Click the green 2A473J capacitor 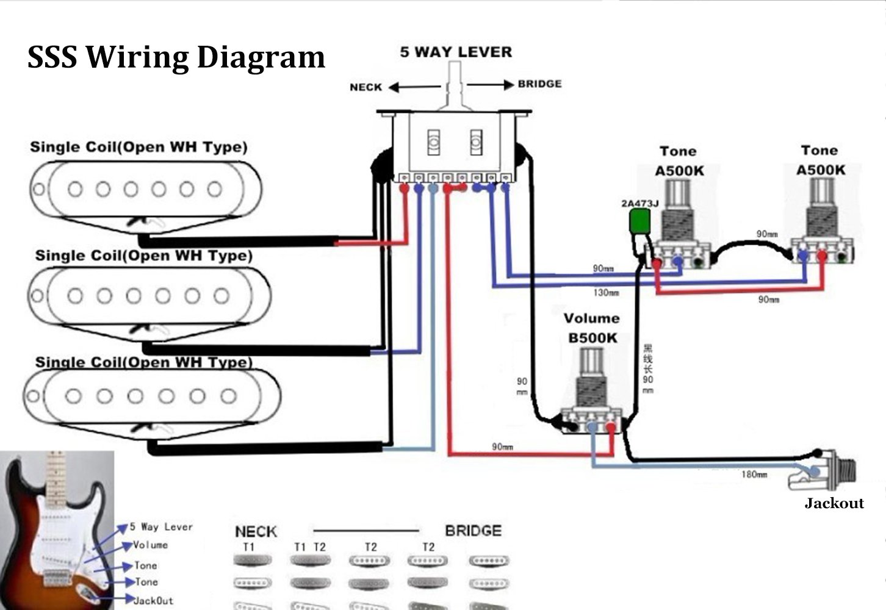(639, 221)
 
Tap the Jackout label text (834, 503)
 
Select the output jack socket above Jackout (824, 470)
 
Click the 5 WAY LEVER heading (456, 52)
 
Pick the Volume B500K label (591, 328)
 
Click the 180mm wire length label (754, 475)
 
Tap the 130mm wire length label (606, 293)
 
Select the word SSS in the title (52, 57)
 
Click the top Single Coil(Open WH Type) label (139, 147)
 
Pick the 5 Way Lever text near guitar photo (161, 527)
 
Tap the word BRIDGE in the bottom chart (473, 531)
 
